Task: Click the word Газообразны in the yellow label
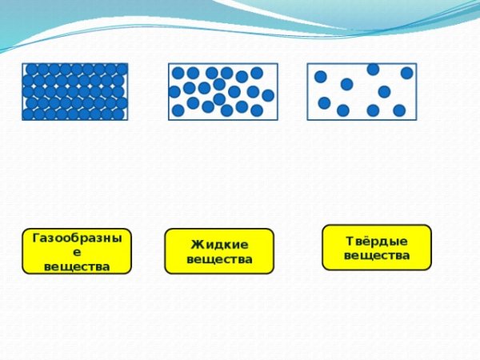tap(76, 238)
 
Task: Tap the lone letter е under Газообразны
tap(77, 252)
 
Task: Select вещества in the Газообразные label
tap(77, 266)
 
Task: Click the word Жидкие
tap(219, 244)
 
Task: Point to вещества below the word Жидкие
tap(219, 259)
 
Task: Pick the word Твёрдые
tap(377, 241)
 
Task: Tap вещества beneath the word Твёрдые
tap(377, 256)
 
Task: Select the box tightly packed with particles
tap(74, 91)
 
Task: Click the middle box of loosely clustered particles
tap(222, 91)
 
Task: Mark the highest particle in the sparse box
tap(373, 70)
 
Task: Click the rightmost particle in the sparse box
tap(406, 73)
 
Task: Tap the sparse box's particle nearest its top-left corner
tap(320, 77)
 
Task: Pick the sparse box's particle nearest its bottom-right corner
tap(399, 110)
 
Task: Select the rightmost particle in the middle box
tap(268, 95)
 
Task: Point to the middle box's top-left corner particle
tap(178, 73)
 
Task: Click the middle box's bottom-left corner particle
tap(178, 110)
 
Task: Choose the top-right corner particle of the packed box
tap(121, 70)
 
